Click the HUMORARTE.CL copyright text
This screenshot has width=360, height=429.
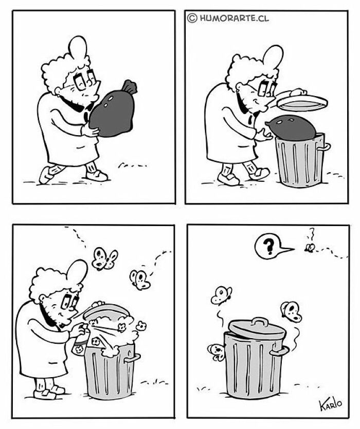point(228,18)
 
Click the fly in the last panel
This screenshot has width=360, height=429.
point(310,248)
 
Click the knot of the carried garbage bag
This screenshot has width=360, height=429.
point(129,87)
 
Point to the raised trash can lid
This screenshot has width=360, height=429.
point(302,101)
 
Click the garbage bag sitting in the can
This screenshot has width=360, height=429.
point(292,127)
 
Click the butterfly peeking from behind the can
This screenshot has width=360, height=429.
point(217,352)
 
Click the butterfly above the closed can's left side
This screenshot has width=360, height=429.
point(221,295)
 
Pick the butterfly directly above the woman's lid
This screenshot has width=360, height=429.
point(104,258)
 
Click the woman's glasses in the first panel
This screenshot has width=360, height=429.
point(84,80)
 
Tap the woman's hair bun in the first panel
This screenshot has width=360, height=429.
point(78,48)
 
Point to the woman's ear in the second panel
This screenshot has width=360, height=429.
point(240,87)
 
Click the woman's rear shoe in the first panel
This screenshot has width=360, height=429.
point(46,175)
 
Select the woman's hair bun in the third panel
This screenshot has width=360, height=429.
point(77,272)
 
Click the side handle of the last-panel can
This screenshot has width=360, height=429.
point(279,351)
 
